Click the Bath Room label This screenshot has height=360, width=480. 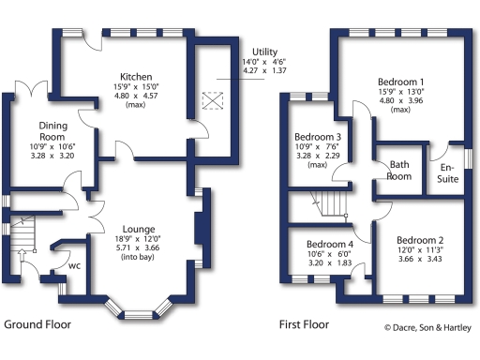pos(400,169)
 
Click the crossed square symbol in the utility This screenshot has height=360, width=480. pos(212,99)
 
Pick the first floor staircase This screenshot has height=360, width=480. pos(330,202)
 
